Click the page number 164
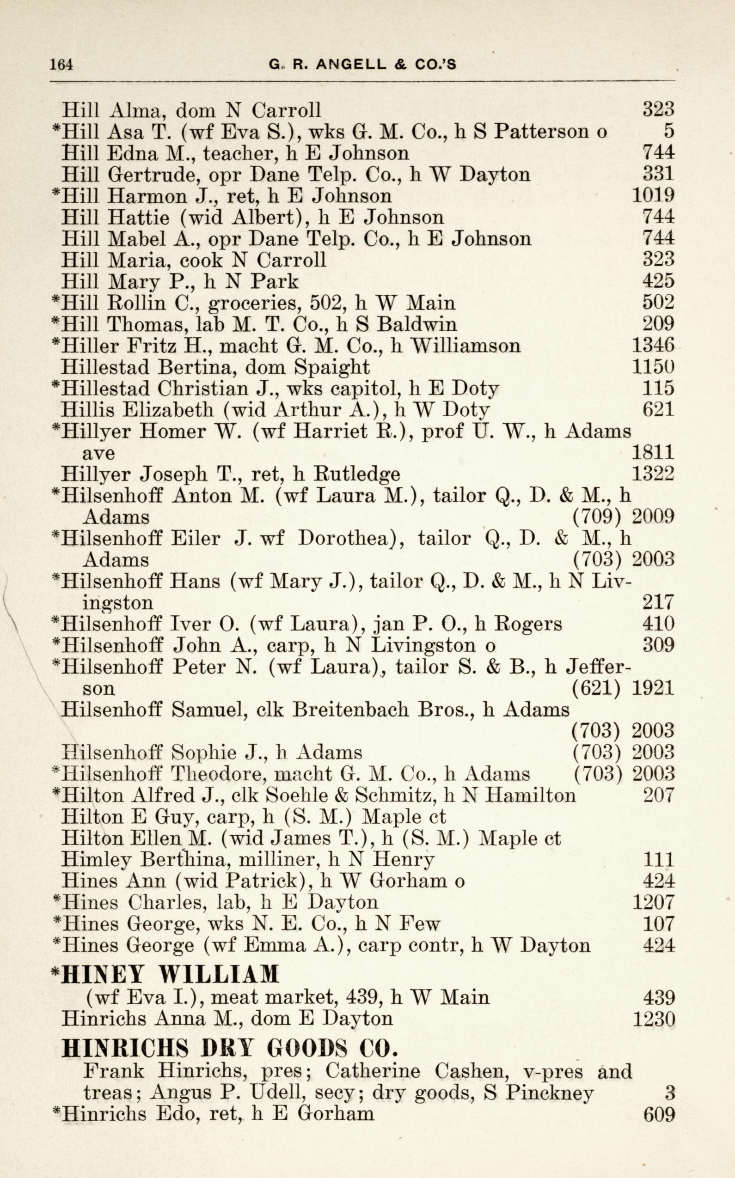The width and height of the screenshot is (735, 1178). [x=61, y=64]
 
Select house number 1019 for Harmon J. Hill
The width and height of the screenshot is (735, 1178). [x=653, y=196]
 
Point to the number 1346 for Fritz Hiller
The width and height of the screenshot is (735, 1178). [x=653, y=346]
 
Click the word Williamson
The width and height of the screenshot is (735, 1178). [x=465, y=346]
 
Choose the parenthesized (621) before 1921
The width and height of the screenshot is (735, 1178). [x=596, y=688]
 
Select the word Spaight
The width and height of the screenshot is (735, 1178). [x=332, y=367]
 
